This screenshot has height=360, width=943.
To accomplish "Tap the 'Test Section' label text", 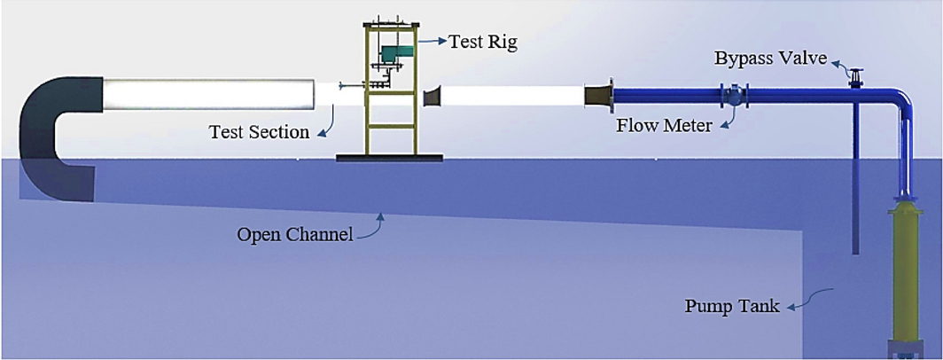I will click(x=259, y=132).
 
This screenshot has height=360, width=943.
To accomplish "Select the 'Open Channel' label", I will click(x=294, y=235).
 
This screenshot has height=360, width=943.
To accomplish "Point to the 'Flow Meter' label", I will click(x=664, y=126).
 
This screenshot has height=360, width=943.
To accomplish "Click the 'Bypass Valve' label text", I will click(x=771, y=59).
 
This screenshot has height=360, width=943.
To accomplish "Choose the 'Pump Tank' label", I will click(x=731, y=307).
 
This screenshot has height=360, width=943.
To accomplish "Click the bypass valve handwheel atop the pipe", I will click(x=855, y=74).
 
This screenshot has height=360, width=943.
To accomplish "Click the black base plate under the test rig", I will click(x=389, y=158).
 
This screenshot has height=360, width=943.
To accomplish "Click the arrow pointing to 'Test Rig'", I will click(x=432, y=41).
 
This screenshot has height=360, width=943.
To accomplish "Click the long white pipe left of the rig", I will click(x=208, y=94).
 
